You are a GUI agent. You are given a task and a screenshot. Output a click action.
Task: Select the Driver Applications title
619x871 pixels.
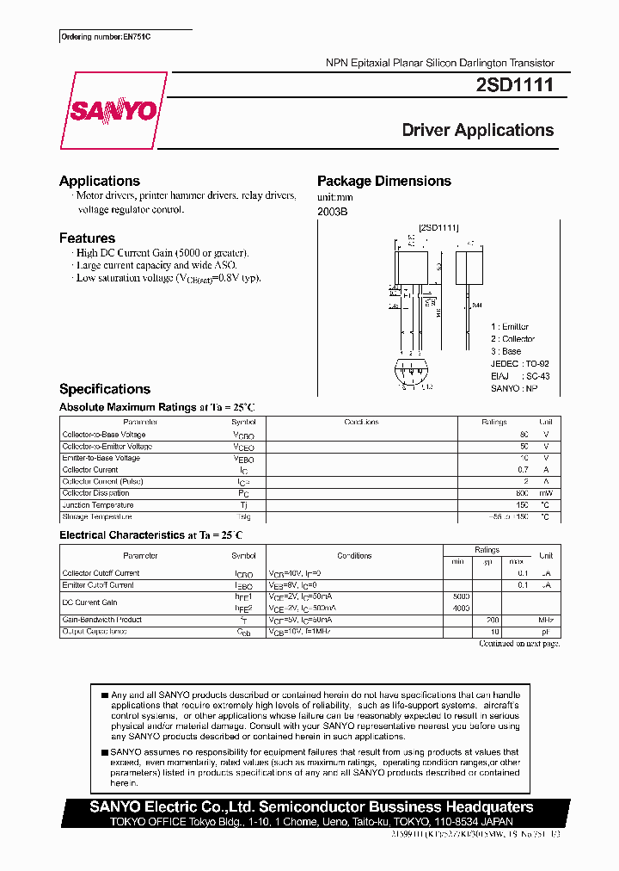point(478,130)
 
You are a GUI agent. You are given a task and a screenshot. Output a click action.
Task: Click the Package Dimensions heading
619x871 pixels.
point(383,181)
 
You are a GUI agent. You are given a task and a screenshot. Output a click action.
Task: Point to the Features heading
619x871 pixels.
point(87,238)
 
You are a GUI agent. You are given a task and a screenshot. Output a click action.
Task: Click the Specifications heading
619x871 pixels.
point(105,389)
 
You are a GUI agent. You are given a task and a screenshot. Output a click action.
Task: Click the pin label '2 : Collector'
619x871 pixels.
point(512,339)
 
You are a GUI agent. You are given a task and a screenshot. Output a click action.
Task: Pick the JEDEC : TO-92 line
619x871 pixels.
point(519,363)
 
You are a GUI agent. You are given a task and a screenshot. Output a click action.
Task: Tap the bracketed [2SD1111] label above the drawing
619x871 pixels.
point(438,227)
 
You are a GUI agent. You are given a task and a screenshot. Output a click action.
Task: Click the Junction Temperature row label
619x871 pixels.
point(97,505)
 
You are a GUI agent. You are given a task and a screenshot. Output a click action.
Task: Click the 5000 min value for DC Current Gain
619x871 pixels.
point(461,596)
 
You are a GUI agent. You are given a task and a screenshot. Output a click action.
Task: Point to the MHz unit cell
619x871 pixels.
point(545,620)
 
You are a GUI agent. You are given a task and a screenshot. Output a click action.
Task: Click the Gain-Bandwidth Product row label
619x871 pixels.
point(101,620)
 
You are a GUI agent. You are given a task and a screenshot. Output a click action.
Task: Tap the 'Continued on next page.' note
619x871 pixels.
point(518,643)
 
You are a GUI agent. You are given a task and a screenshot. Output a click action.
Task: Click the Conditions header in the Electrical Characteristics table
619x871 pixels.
point(354,555)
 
